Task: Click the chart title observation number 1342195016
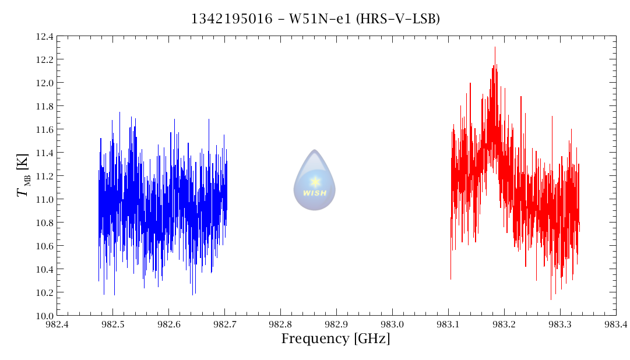pos(231,19)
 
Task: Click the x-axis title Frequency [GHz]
pos(336,338)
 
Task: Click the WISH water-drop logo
pos(315,179)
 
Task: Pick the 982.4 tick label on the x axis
pos(57,324)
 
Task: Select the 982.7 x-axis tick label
pos(224,324)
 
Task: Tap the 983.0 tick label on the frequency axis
pos(392,324)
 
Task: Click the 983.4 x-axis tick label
pos(615,324)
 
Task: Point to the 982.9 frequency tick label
pos(336,324)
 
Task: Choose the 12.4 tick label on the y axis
pos(45,37)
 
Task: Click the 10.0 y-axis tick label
pos(45,316)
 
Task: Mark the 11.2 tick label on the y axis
pos(45,176)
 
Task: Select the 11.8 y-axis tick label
pos(45,107)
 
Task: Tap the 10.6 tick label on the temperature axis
pos(45,246)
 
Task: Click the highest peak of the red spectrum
pos(495,48)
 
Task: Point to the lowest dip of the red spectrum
pos(551,299)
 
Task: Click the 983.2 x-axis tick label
pos(504,324)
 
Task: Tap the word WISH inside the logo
pos(315,193)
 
